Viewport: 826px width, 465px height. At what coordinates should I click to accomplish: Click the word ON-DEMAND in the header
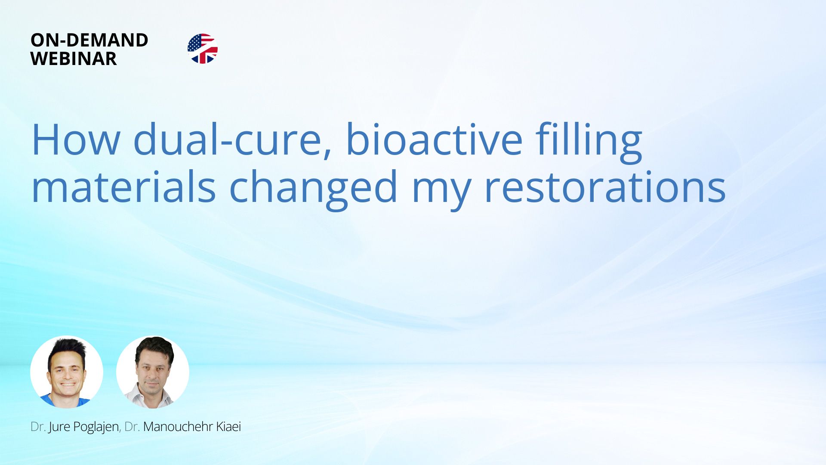tap(89, 40)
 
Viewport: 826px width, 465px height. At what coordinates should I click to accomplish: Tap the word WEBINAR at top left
tap(74, 59)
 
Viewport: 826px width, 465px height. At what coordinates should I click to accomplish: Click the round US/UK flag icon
tap(202, 49)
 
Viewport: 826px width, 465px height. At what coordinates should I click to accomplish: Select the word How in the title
tap(76, 140)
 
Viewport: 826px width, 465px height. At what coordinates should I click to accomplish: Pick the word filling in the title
tap(589, 140)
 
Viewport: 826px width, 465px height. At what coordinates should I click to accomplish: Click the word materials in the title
tap(123, 188)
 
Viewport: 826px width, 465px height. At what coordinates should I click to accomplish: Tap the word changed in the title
tap(313, 188)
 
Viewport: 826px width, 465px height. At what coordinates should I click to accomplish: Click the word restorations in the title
tap(605, 188)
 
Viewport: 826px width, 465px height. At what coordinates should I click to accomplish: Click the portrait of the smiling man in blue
tap(67, 372)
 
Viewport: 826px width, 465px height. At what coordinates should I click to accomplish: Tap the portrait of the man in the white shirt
tap(153, 372)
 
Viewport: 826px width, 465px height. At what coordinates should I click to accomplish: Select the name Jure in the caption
tap(59, 427)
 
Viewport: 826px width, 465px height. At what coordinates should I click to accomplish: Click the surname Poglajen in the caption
tap(96, 427)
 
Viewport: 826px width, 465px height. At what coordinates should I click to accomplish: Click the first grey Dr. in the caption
tap(38, 427)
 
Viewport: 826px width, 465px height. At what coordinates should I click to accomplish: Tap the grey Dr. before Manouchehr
tap(132, 427)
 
